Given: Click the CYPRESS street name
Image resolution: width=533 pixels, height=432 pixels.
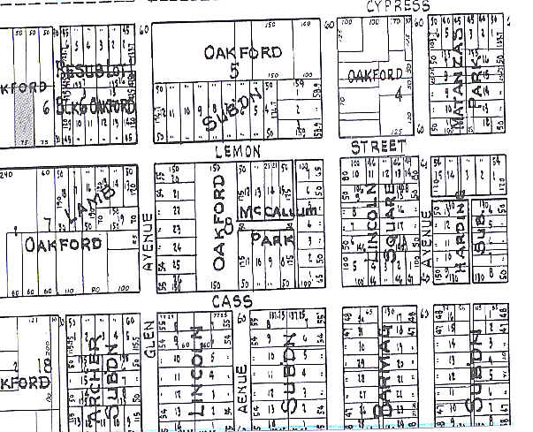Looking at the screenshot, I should [398, 6].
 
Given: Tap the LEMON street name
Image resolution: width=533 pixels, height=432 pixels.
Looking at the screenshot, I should [237, 152].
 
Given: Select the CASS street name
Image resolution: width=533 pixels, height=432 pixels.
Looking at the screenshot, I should [232, 301].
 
